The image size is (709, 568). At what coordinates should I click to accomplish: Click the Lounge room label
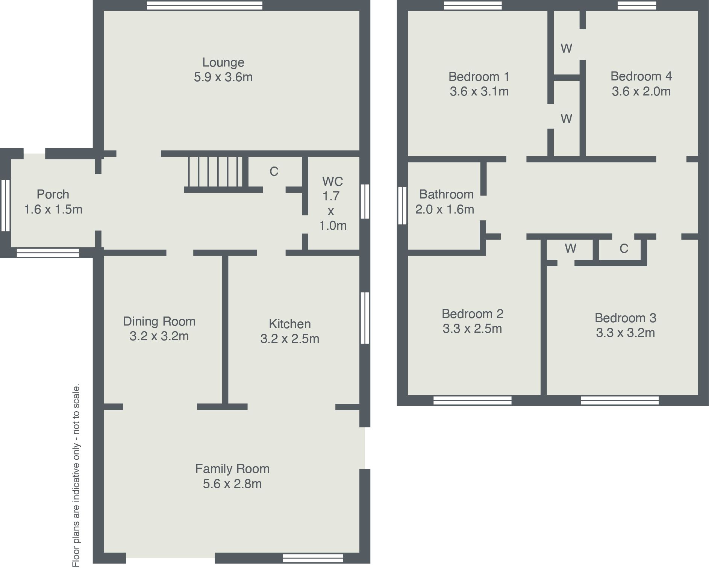click(223, 62)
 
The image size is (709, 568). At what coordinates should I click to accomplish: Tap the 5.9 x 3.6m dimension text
click(223, 77)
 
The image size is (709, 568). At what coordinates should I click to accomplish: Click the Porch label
click(53, 194)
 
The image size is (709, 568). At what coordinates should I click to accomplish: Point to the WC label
click(332, 182)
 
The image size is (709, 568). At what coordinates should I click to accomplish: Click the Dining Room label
click(159, 321)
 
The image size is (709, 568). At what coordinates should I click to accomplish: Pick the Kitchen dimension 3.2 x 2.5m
click(289, 339)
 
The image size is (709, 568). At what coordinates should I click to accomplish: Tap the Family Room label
click(232, 469)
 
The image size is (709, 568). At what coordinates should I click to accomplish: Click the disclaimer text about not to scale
click(76, 475)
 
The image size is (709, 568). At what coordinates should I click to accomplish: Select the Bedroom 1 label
click(479, 77)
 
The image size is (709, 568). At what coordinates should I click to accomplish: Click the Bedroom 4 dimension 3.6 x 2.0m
click(641, 91)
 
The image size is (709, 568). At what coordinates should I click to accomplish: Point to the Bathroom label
click(446, 194)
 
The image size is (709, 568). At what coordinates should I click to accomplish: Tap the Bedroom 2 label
click(472, 314)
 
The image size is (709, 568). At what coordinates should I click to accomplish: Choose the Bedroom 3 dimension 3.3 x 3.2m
click(625, 333)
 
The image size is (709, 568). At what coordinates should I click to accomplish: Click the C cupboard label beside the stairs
click(274, 171)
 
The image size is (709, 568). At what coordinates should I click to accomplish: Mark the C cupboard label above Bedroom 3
click(624, 248)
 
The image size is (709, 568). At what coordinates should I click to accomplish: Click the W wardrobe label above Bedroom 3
click(570, 248)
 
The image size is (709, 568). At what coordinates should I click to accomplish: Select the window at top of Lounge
click(205, 5)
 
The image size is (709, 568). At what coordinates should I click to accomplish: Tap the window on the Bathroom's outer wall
click(402, 206)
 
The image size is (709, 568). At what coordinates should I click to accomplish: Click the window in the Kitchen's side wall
click(365, 318)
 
